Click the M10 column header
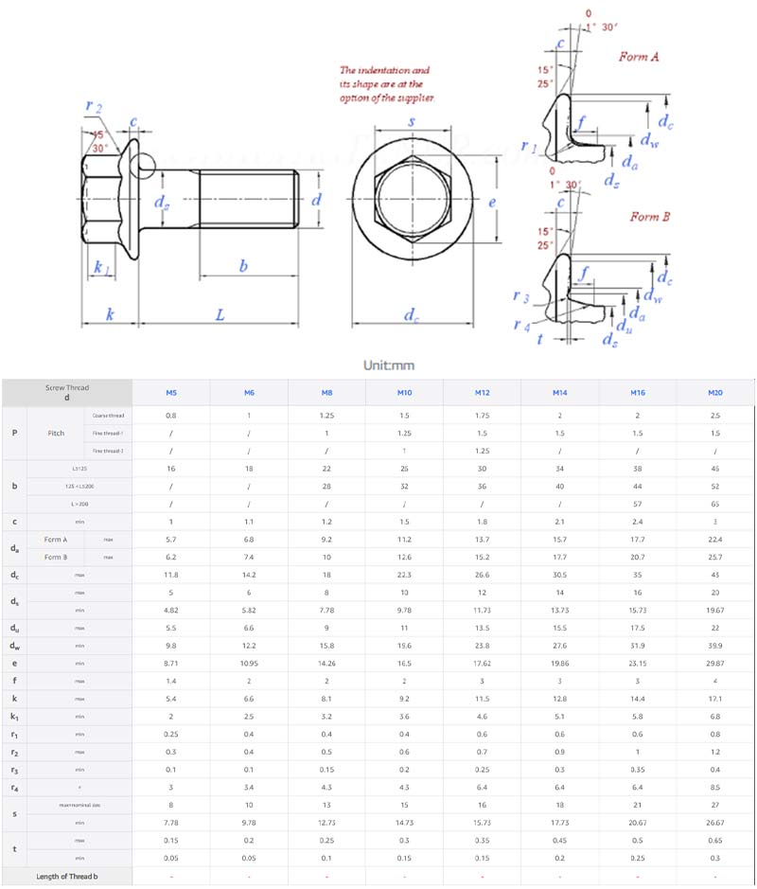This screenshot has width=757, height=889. [404, 392]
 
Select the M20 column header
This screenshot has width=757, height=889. [714, 392]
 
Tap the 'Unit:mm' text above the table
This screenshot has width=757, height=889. [389, 365]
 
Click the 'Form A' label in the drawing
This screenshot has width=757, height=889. [639, 57]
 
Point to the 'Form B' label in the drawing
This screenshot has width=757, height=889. [650, 217]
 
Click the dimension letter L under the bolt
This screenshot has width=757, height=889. [220, 314]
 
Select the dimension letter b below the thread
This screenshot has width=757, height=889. [243, 267]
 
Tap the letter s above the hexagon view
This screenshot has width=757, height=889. [412, 122]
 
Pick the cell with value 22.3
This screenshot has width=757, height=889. [404, 575]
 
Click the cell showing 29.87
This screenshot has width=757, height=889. [714, 664]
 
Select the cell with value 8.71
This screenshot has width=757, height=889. [171, 664]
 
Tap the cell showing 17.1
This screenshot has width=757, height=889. [714, 700]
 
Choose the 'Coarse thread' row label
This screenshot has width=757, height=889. [108, 416]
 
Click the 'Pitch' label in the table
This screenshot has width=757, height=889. [56, 433]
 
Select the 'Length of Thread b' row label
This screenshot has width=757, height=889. [67, 876]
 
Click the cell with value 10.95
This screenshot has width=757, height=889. [249, 664]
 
